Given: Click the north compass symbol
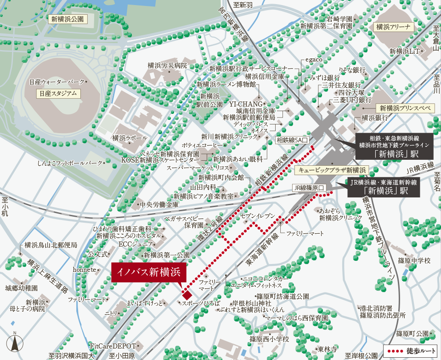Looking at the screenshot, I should click(14, 343).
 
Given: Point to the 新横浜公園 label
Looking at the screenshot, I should click(68, 19).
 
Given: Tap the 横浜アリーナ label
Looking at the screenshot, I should click(394, 27).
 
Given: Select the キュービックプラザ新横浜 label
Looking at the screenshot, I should click(331, 170).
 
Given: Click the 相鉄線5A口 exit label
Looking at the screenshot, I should click(294, 139).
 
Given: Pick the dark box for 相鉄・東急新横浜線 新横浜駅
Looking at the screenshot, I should click(393, 146).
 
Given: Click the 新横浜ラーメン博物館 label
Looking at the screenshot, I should click(226, 84).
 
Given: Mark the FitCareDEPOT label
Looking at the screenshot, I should click(113, 346).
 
